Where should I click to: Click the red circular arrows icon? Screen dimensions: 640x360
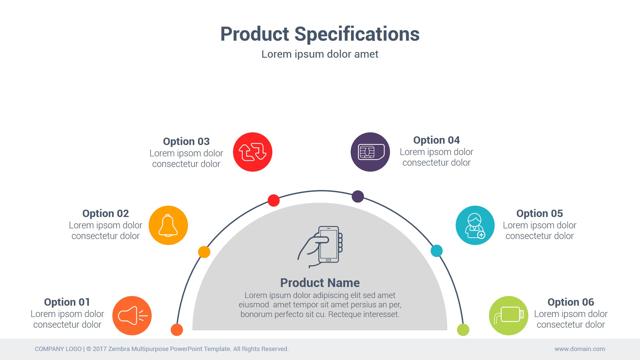[x=253, y=152]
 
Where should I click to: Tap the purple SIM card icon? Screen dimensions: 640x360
[x=370, y=152]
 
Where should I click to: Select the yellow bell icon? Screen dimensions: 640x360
[x=168, y=225]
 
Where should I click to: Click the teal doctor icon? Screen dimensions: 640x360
[x=475, y=225]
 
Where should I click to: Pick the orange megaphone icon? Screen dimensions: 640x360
[x=132, y=316]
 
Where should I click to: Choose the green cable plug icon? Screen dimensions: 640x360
[x=509, y=316]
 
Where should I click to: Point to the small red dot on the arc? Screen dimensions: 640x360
[x=274, y=200]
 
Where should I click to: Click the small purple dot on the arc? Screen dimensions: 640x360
[x=358, y=196]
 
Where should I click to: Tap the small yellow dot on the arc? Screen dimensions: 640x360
[x=204, y=252]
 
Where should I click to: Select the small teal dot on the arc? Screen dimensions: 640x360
[x=437, y=251]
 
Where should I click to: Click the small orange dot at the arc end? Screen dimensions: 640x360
[x=177, y=330]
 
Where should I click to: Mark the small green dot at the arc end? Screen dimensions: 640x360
[x=463, y=330]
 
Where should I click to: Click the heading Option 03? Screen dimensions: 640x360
[x=186, y=141]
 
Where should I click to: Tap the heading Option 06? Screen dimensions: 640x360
[x=571, y=302]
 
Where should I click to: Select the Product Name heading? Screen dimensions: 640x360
[x=320, y=283]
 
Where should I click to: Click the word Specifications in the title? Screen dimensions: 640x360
[x=357, y=34]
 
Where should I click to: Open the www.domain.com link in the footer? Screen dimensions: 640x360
[x=580, y=349]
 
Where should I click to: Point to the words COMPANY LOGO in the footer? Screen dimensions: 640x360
[x=58, y=349]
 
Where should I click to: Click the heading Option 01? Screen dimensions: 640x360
[x=67, y=302]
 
